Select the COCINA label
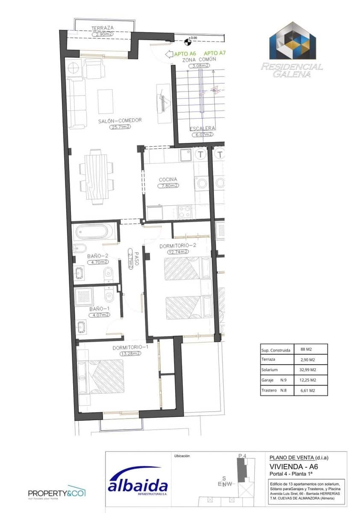pos(168,180)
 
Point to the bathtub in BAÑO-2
pos(94,233)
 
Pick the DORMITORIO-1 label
pos(130,347)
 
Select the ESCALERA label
pos(203,128)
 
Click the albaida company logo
pos(138,486)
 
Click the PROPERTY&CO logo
pos(57,493)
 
